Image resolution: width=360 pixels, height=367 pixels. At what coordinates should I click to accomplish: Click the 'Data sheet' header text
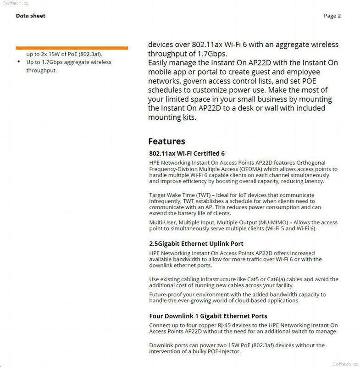click(x=30, y=16)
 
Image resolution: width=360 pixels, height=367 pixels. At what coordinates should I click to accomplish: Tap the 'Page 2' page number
click(x=332, y=16)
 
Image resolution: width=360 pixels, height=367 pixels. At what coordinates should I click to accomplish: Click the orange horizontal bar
click(x=72, y=48)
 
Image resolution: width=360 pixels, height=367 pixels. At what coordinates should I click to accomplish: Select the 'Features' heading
click(x=166, y=141)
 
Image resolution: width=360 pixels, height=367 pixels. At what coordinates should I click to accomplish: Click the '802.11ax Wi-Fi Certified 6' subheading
click(x=187, y=153)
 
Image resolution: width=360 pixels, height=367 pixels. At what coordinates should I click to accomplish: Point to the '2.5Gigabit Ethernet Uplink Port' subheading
click(x=196, y=244)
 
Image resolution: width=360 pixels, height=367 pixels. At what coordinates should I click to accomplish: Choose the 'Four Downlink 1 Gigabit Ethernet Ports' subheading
click(x=208, y=316)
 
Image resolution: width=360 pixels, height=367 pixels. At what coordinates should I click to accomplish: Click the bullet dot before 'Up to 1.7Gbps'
click(x=18, y=62)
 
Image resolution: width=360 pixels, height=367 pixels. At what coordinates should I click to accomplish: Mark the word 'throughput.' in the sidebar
click(x=41, y=71)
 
